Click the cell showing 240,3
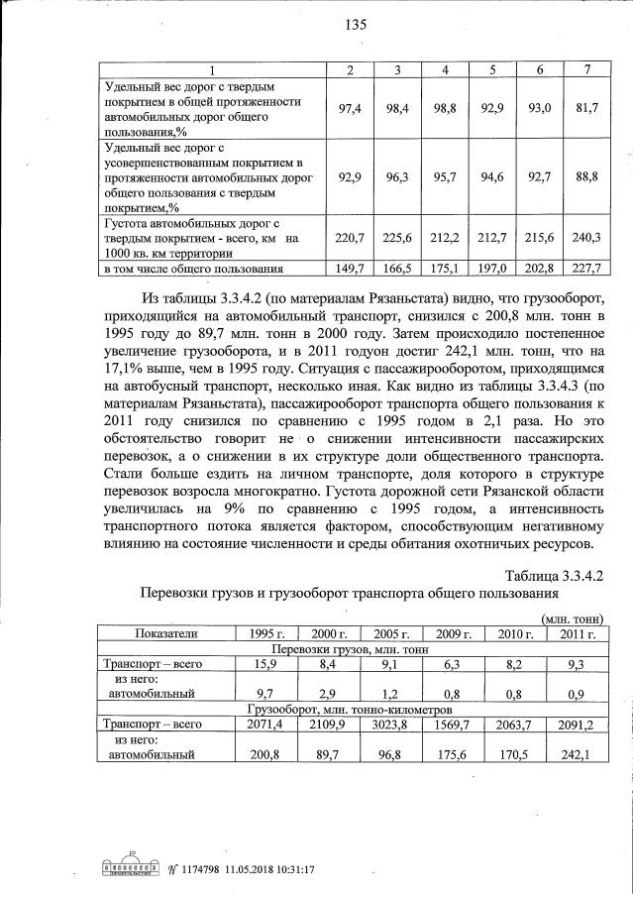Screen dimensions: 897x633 (588, 238)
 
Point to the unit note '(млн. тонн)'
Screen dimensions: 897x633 (573, 618)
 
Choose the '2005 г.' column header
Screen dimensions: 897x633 (389, 633)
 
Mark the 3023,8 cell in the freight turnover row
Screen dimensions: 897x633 (389, 725)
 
